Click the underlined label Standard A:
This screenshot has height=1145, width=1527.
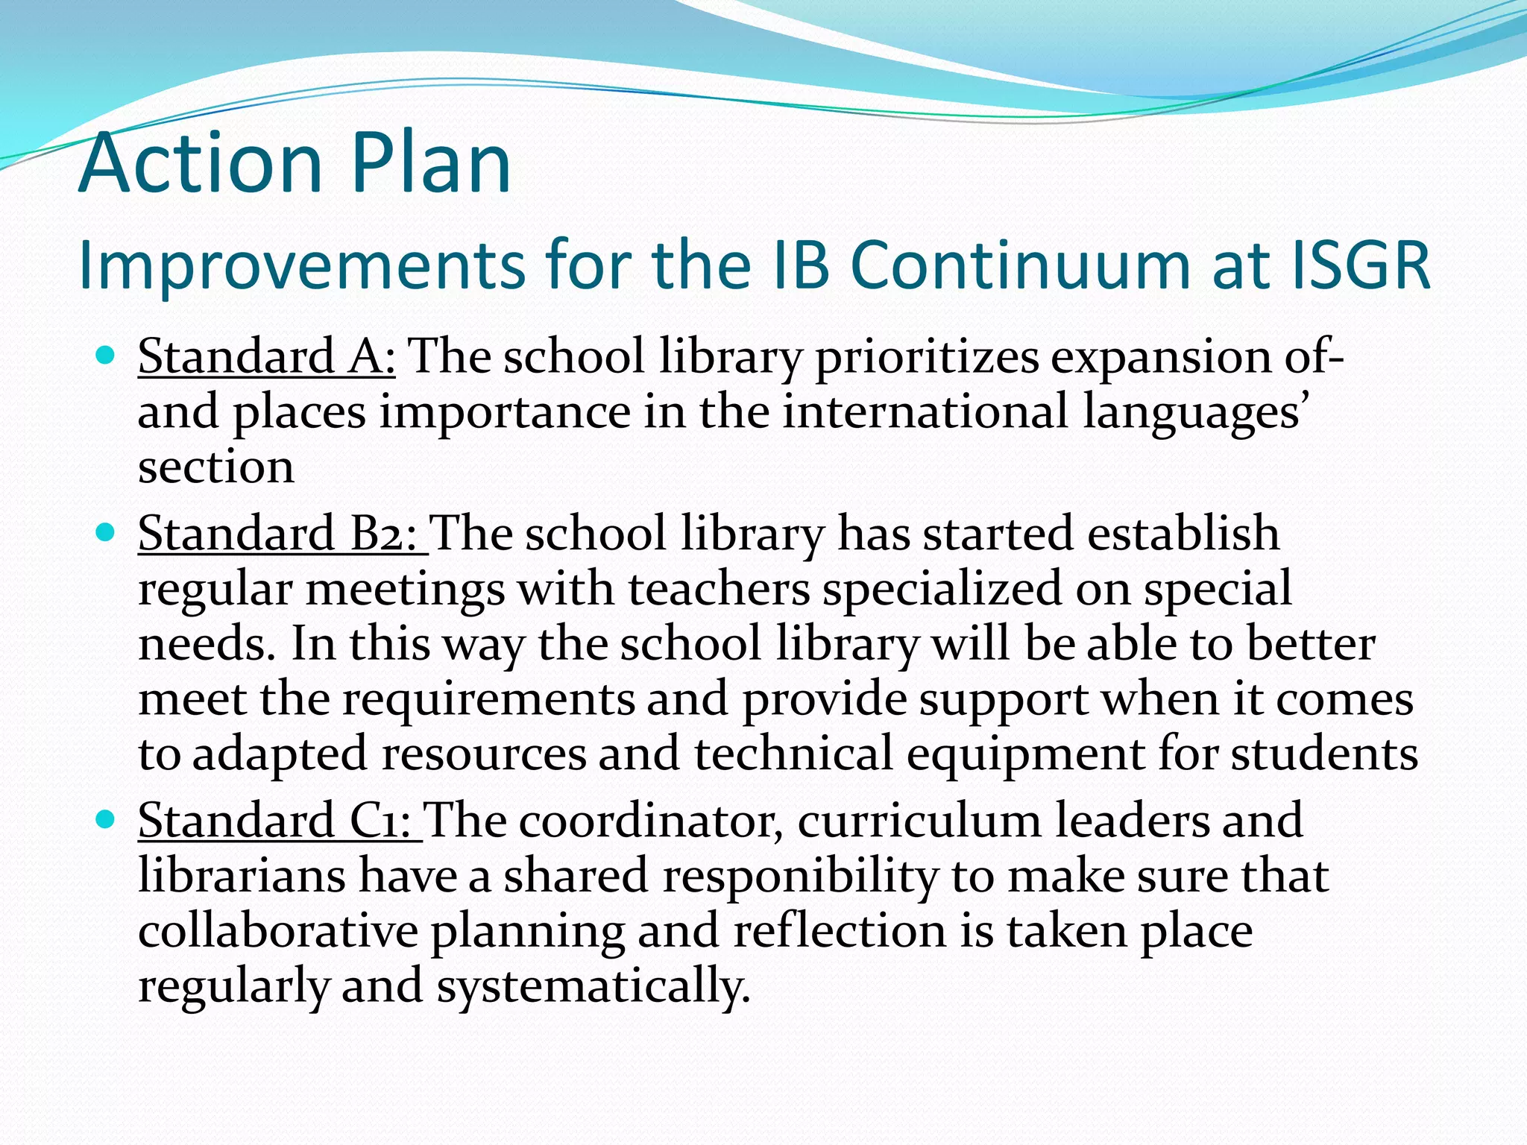[x=266, y=356]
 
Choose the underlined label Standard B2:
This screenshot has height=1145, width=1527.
[x=281, y=534]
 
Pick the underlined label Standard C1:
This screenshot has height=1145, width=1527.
[x=280, y=821]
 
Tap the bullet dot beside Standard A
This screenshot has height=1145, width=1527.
[x=106, y=354]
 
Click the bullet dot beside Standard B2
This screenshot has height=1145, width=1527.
[x=106, y=532]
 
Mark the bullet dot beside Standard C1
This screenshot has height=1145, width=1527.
[x=106, y=819]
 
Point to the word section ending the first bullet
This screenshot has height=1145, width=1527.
[x=216, y=467]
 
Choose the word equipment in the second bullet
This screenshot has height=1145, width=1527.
[x=1025, y=754]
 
